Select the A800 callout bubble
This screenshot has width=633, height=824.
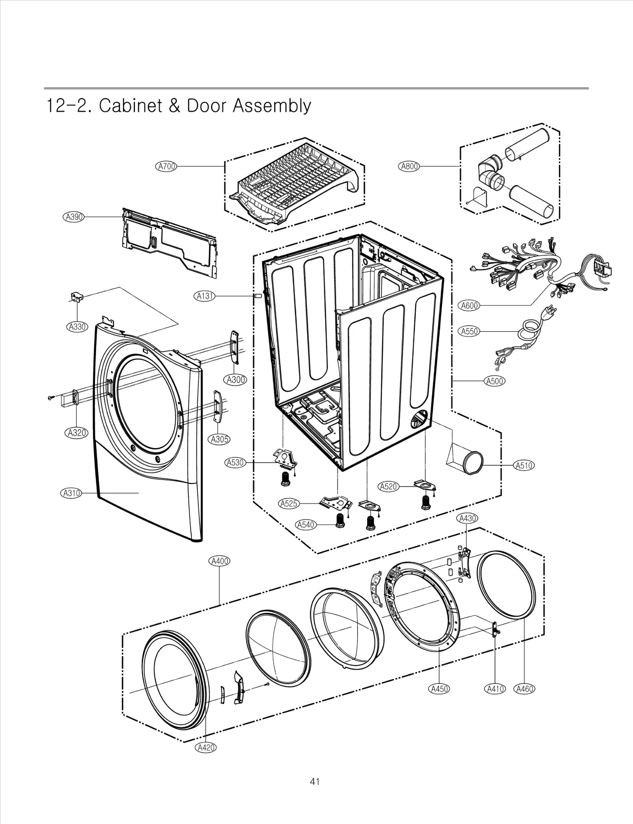409,167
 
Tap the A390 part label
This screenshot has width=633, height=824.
74,217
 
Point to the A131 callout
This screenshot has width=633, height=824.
205,296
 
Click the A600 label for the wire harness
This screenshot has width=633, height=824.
470,306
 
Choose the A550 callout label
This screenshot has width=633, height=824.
470,331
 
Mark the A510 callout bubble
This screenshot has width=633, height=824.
524,465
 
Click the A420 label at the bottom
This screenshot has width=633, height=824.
206,747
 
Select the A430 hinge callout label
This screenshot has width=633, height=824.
467,518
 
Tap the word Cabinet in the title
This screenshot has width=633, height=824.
131,106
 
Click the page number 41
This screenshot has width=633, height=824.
315,781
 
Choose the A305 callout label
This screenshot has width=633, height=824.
219,439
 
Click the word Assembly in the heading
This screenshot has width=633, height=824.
271,106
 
